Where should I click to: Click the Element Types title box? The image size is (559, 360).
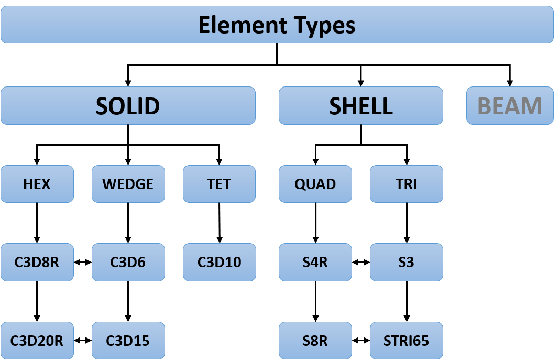[x=277, y=25]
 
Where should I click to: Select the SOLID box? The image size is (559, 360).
[x=128, y=105]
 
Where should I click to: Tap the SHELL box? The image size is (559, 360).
[x=361, y=105]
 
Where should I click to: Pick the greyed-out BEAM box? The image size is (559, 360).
[x=510, y=105]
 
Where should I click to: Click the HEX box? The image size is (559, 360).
[x=37, y=184]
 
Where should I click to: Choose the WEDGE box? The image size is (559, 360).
[x=128, y=184]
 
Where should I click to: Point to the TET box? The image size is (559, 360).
[x=219, y=184]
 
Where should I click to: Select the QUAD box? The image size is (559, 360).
[x=315, y=184]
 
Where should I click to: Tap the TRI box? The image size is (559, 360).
[x=407, y=184]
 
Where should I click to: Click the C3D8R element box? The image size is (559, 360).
[x=37, y=263]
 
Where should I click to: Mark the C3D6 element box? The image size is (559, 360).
[x=128, y=263]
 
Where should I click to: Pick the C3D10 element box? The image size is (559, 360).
[x=219, y=263]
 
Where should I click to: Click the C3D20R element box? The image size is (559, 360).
[x=37, y=341]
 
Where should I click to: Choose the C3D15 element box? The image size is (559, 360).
[x=128, y=341]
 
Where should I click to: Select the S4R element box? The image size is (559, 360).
[x=315, y=263]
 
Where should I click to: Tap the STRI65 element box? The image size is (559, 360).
[x=407, y=341]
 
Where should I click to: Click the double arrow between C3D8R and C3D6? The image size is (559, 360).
[x=83, y=263]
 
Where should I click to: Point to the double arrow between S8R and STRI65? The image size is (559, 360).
[x=361, y=341]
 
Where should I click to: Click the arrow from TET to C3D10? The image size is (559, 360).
[x=219, y=223]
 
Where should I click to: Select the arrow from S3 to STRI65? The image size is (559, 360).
[x=407, y=301]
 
